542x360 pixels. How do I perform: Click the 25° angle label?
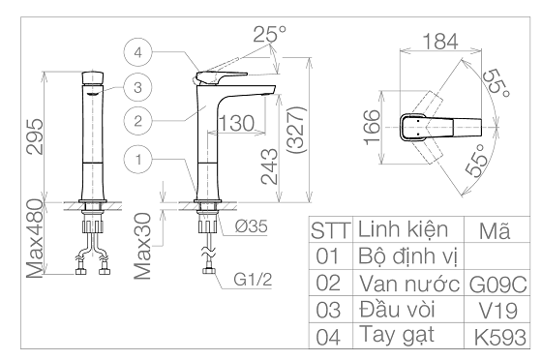[270, 34]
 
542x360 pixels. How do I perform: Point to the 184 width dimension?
[440, 42]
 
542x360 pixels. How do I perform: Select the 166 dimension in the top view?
[373, 127]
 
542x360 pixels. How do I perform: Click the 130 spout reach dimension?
[237, 123]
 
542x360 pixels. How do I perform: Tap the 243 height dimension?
[270, 166]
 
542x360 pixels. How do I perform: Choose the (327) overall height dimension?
[296, 131]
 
